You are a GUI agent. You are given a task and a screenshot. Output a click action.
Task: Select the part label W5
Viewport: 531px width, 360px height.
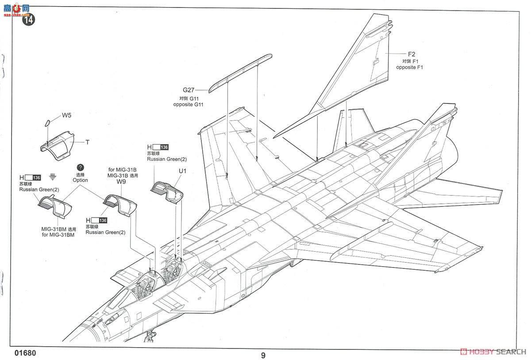[66, 115]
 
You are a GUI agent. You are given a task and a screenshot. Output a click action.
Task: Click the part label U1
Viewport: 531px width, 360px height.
[183, 171]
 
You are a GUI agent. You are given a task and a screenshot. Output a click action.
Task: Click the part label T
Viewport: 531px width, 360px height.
[87, 142]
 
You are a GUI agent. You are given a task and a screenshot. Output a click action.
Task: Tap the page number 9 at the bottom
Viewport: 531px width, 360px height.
[263, 355]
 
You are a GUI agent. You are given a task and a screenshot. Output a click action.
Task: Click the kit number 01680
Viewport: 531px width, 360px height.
[25, 354]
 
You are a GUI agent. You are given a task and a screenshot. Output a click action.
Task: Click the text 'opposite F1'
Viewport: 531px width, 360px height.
[409, 68]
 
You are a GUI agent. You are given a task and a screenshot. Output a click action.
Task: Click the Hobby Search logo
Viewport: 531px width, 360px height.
[493, 352]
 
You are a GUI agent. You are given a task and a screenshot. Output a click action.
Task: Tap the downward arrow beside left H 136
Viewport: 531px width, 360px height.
[53, 177]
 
